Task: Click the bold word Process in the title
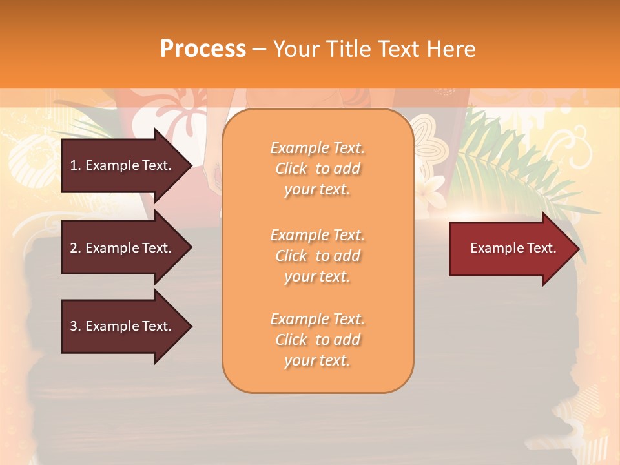(203, 49)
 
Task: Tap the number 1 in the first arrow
(74, 165)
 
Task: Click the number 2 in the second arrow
(74, 248)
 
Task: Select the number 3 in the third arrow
(74, 326)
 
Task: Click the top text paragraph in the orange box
(317, 169)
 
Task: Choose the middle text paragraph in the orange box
(317, 256)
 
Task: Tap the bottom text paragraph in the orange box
(317, 340)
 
